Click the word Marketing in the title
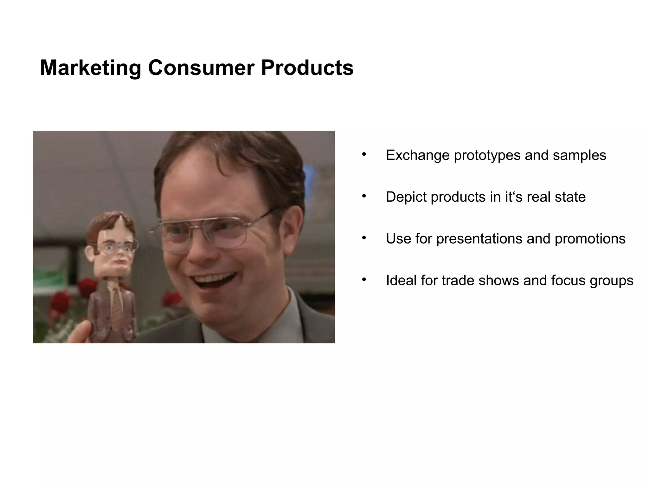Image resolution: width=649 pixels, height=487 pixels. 90,68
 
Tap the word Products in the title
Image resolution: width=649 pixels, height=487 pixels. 307,68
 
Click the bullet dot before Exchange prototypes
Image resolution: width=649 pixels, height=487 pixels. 364,155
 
